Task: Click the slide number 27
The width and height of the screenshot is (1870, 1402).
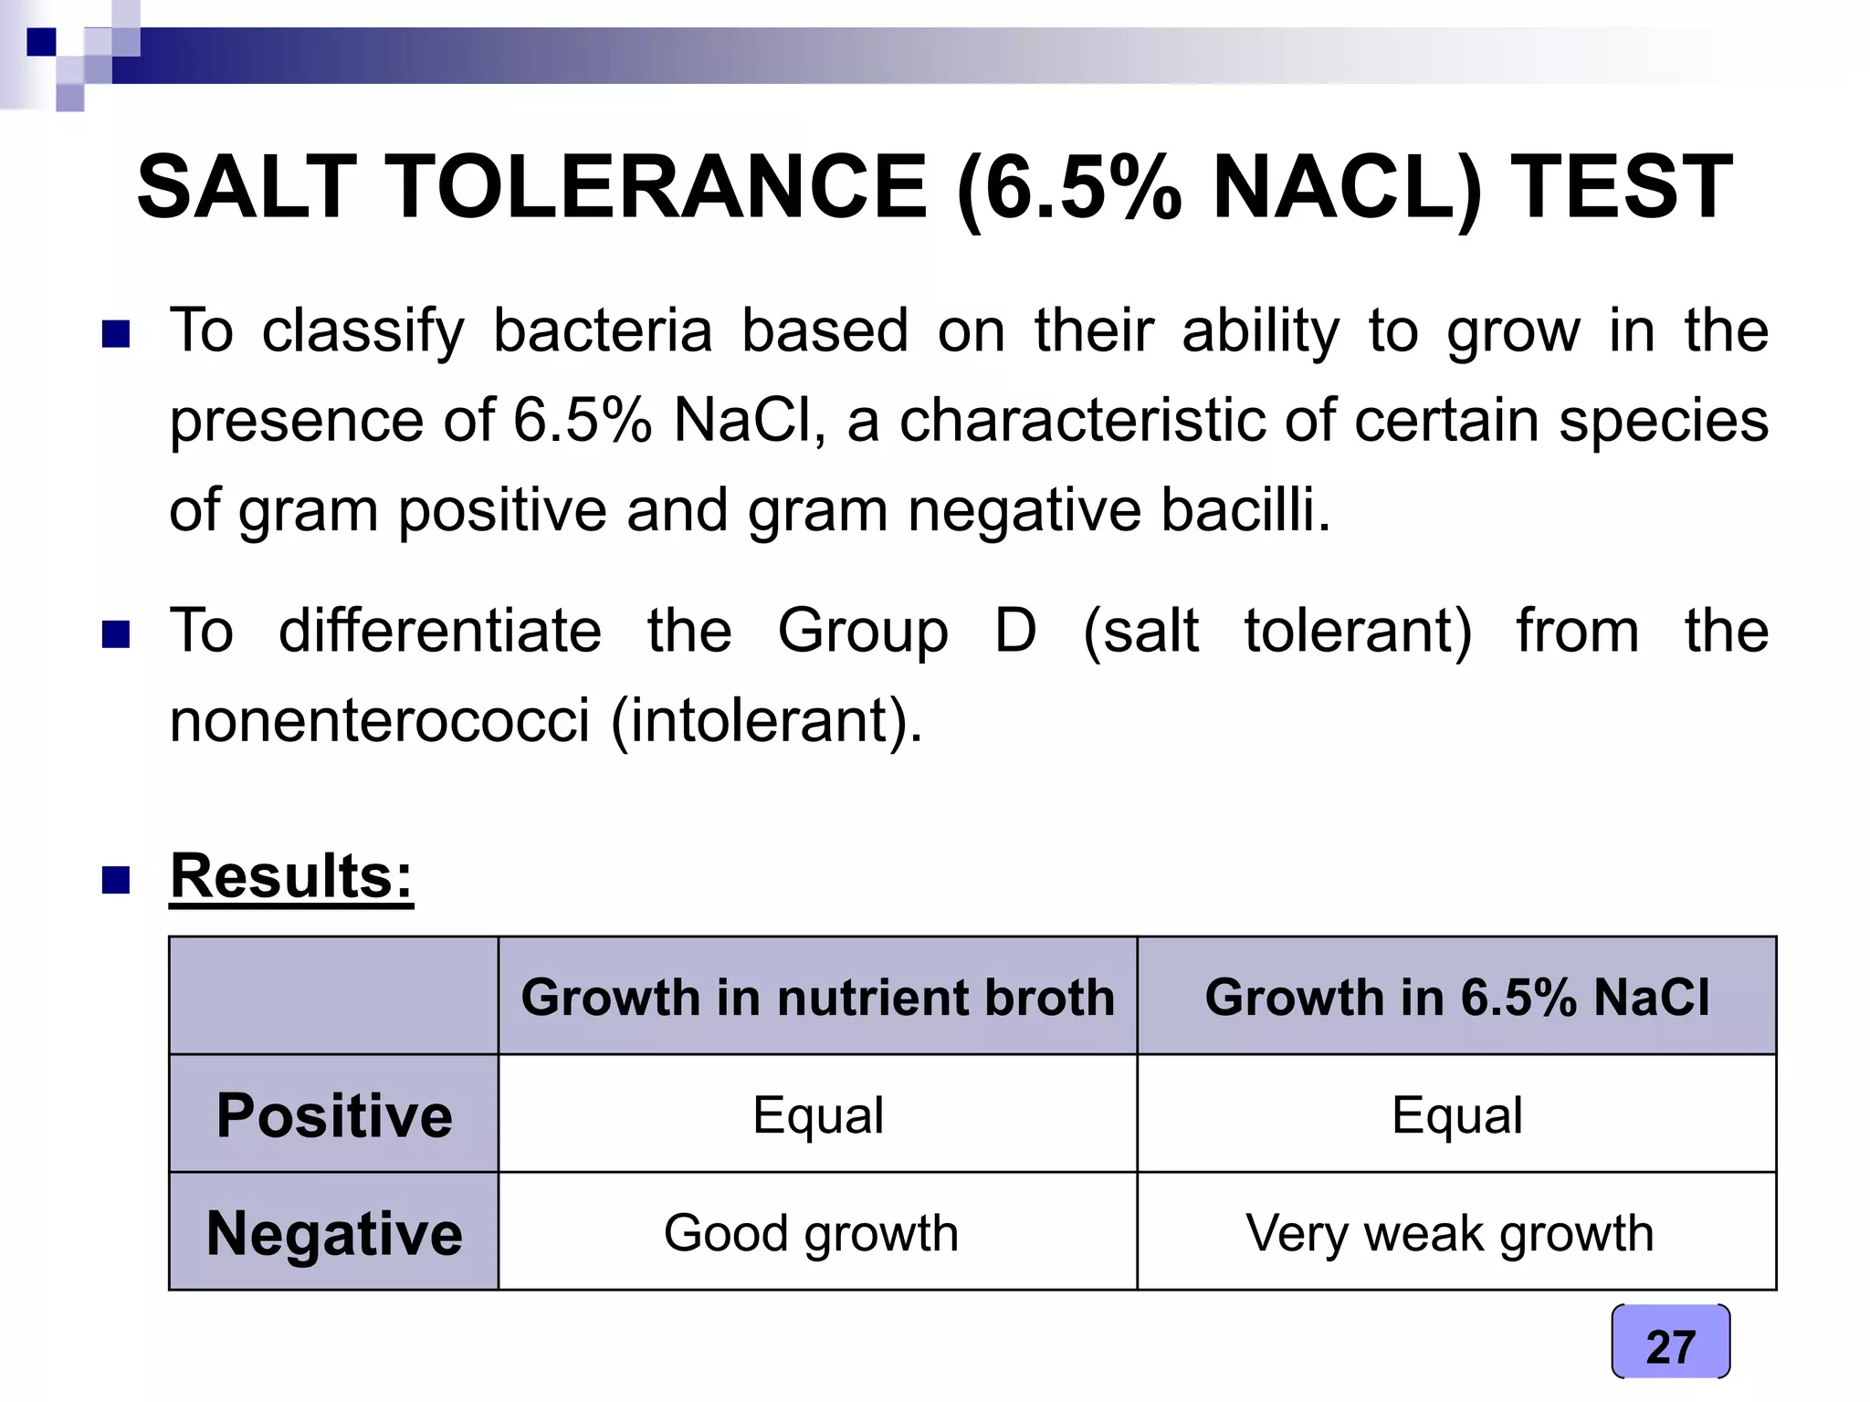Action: coord(1670,1345)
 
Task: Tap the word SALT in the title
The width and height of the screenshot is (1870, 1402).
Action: coord(247,187)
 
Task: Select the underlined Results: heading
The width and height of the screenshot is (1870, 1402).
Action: coord(291,876)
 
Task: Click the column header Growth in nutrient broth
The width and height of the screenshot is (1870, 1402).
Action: coord(818,996)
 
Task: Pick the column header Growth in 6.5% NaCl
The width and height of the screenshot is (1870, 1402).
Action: coord(1456,996)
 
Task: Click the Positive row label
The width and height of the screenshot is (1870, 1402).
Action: coord(334,1114)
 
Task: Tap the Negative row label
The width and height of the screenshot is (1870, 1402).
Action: coord(334,1233)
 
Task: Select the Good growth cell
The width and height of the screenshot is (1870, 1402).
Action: coord(811,1234)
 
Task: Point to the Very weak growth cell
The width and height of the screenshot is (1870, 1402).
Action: coord(1450,1234)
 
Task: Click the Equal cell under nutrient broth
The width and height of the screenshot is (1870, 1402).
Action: coord(818,1115)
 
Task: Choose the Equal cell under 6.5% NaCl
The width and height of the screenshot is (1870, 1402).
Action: coord(1457,1115)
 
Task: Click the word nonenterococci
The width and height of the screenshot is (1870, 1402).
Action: coord(380,720)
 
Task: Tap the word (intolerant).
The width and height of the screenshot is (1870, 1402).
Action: coord(767,721)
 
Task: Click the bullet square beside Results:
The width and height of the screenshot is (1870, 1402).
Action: coord(116,880)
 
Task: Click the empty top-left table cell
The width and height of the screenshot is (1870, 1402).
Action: coord(334,996)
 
